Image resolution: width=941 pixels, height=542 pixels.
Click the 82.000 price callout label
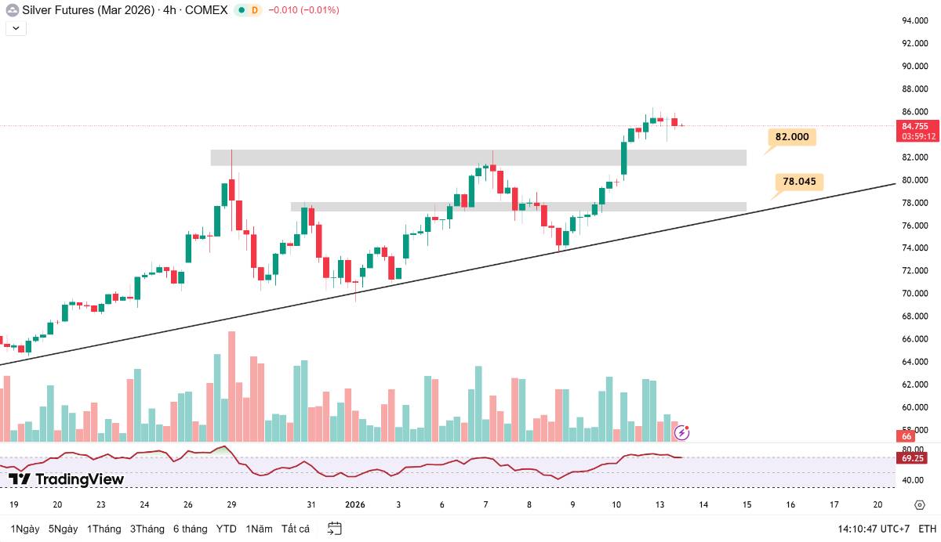pos(791,137)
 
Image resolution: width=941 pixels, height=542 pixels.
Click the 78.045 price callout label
pos(799,182)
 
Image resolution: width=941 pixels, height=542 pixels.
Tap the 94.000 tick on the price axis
pos(916,20)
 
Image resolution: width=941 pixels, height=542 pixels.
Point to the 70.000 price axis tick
pos(916,294)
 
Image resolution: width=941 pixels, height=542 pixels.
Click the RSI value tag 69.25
pos(914,458)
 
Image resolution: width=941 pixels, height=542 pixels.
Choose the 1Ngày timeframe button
pos(24,529)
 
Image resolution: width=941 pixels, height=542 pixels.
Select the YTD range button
pos(227,529)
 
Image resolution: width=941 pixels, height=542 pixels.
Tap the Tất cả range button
pos(296,529)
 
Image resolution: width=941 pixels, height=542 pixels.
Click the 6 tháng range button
pos(191,529)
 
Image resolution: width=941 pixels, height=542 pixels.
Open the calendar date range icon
pos(335,529)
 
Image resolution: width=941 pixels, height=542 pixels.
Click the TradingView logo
pos(67,479)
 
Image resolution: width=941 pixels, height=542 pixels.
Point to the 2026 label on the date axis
pos(355,505)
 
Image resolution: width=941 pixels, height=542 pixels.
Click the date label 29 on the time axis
pos(231,505)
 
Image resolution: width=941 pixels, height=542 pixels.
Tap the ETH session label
pos(928,529)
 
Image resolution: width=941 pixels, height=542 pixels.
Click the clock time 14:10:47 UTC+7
pos(874,529)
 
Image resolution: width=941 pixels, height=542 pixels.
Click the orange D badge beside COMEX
pos(254,10)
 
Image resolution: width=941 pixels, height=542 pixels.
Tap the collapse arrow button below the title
pos(16,28)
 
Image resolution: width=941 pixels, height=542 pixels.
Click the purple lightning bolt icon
pos(682,432)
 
